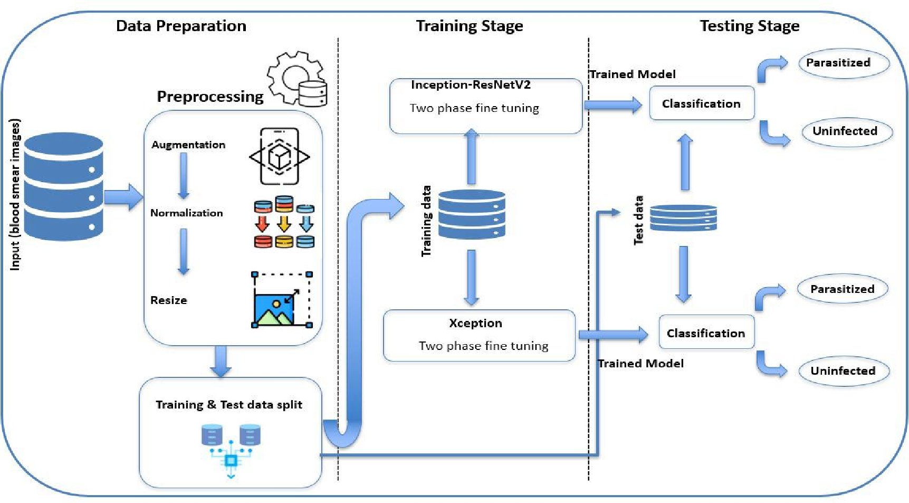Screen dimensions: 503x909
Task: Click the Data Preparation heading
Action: click(x=181, y=26)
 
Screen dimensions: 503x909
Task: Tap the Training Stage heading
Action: click(x=470, y=26)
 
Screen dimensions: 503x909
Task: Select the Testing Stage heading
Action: click(x=749, y=26)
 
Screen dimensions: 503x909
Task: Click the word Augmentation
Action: click(x=188, y=145)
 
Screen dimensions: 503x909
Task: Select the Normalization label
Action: click(x=187, y=213)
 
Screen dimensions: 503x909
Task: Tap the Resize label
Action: click(x=169, y=300)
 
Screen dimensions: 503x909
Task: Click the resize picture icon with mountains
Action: click(x=282, y=300)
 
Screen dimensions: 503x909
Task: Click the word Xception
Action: click(x=475, y=323)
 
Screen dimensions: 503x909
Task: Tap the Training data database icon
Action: click(x=472, y=214)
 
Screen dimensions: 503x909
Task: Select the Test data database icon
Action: click(x=683, y=217)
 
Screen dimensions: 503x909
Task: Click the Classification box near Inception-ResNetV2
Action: click(x=701, y=103)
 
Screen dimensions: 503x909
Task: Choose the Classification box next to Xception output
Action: click(x=706, y=333)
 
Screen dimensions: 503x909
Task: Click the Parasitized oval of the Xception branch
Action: click(x=842, y=289)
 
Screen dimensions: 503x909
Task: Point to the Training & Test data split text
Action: click(x=229, y=405)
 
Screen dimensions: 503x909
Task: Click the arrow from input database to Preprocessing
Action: click(x=123, y=197)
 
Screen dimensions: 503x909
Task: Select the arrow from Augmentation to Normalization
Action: click(x=184, y=175)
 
